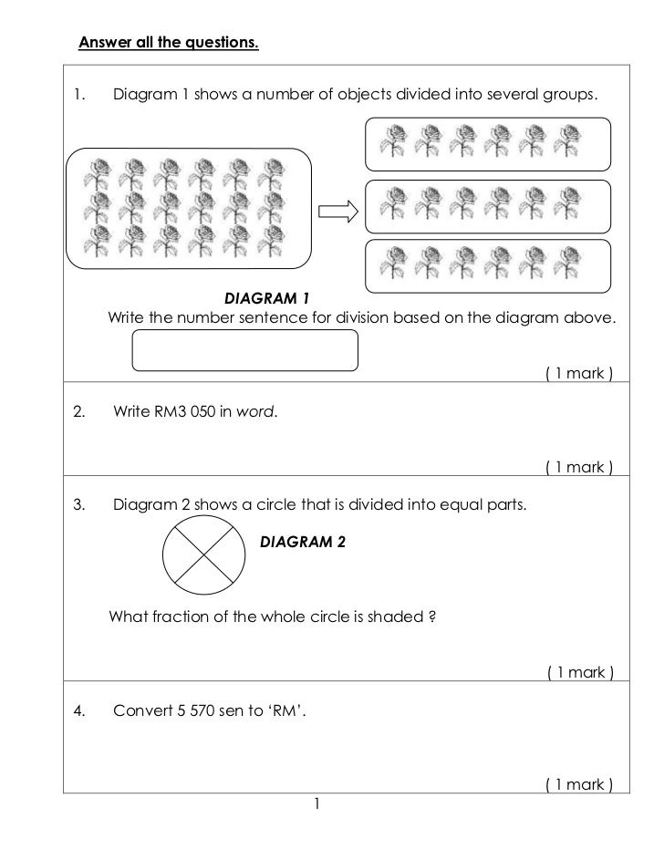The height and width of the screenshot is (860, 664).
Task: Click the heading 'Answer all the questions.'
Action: pos(169,42)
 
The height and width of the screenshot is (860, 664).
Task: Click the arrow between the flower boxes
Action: pos(335,212)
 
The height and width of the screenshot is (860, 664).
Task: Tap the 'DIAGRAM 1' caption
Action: pos(268,298)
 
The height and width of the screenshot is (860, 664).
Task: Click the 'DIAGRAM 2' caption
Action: pos(303,542)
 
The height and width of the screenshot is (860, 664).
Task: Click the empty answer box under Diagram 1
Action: pos(245,350)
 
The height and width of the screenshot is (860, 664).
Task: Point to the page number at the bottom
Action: pos(316,803)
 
